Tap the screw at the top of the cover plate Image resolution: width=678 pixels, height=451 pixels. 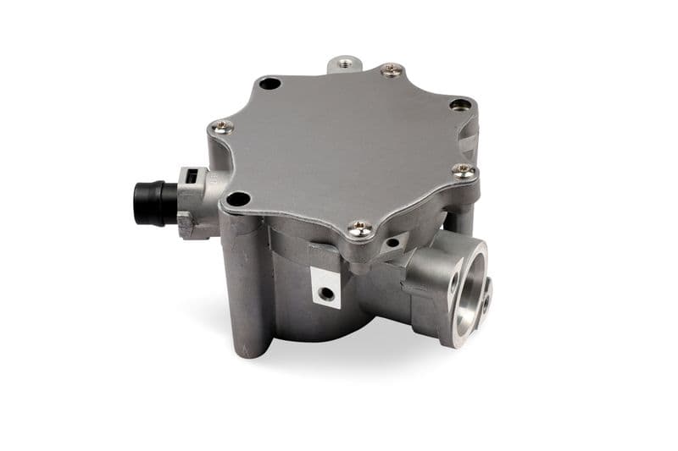pyautogui.click(x=391, y=71)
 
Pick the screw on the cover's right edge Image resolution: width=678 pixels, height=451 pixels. pyautogui.click(x=463, y=170)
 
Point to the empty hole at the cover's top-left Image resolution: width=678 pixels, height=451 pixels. pyautogui.click(x=270, y=84)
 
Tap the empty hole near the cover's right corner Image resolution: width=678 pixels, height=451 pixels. pyautogui.click(x=459, y=105)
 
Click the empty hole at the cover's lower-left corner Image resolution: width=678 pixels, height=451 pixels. pyautogui.click(x=239, y=200)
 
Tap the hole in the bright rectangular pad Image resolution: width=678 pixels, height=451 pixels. pyautogui.click(x=325, y=293)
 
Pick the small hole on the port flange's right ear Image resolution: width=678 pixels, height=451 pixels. pyautogui.click(x=486, y=298)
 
